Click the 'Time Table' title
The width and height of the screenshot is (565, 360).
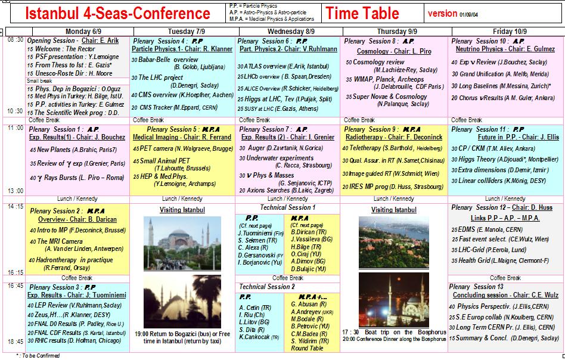[x=364, y=13]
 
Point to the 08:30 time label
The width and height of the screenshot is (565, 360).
[x=15, y=40]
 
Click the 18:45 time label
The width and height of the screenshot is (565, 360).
[x=15, y=342]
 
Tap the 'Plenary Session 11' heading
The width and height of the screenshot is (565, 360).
[x=479, y=129]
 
